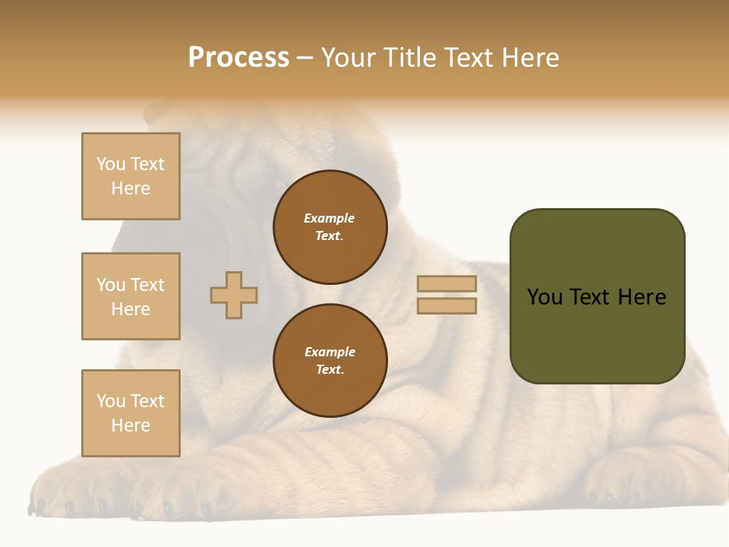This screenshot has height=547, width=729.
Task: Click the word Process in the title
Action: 238,58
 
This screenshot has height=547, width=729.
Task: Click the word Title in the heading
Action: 409,58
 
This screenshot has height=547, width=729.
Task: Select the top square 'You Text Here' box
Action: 131,176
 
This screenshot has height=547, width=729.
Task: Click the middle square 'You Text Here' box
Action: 131,296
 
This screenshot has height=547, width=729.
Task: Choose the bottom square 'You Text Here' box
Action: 131,413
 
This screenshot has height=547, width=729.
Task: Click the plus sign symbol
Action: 234,295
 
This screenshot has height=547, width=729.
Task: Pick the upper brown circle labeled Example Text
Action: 330,227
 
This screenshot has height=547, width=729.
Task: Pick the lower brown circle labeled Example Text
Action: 330,361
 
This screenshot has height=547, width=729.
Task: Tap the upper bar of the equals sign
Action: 447,284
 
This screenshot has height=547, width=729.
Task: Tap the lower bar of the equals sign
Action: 447,305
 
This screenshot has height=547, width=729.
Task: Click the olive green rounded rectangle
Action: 597,334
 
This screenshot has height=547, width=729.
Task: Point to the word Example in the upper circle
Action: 330,218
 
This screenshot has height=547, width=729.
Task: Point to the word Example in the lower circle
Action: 330,352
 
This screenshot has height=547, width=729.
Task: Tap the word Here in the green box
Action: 642,297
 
